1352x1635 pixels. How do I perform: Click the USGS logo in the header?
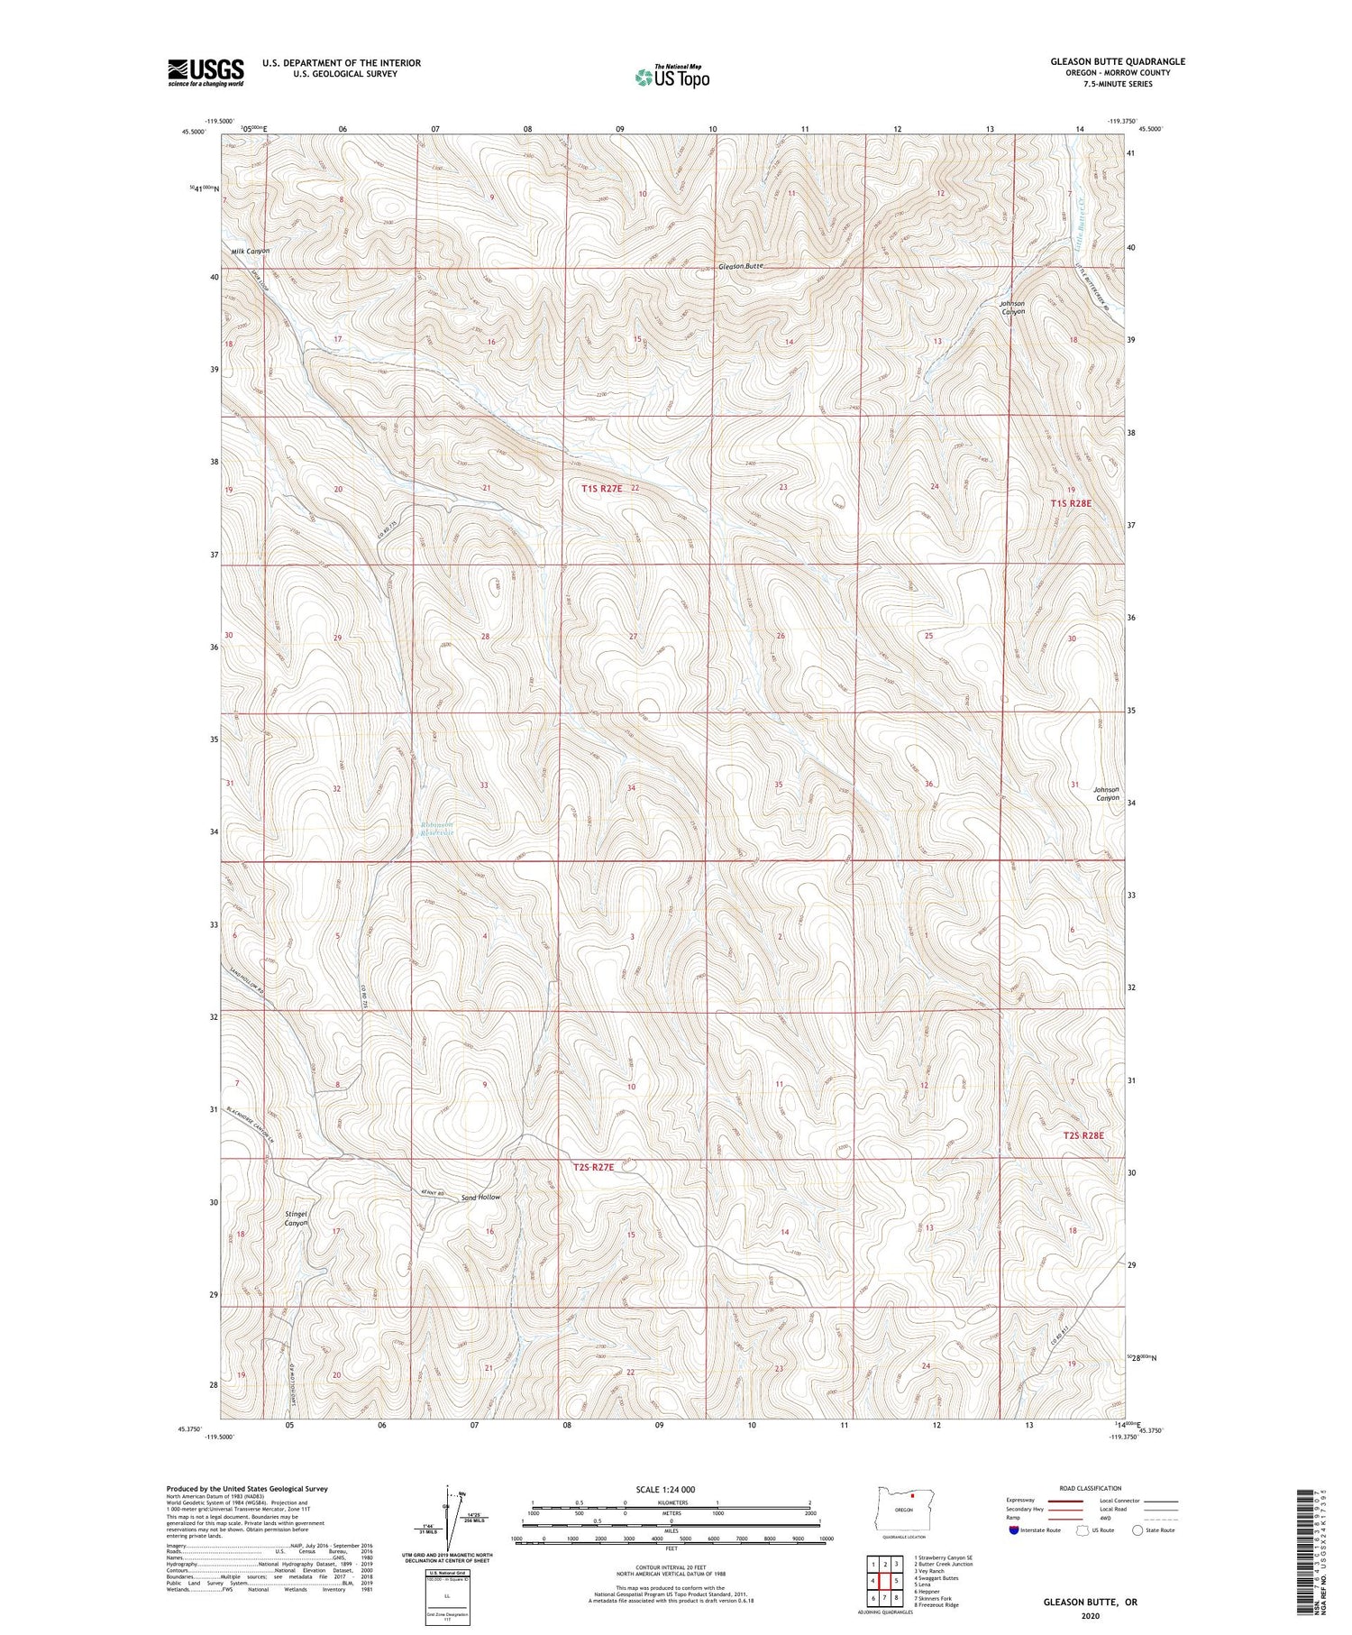point(206,72)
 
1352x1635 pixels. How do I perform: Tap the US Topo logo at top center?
point(671,77)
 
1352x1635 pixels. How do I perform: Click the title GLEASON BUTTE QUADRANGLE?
point(1117,61)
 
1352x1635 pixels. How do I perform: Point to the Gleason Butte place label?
point(741,267)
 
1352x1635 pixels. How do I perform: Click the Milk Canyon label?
point(250,251)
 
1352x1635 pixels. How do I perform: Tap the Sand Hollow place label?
point(480,1197)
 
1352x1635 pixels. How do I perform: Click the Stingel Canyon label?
point(297,1218)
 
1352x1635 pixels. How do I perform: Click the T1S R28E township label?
point(1071,503)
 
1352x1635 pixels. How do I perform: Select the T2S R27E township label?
point(593,1167)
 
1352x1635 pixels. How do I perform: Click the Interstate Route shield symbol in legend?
point(1013,1530)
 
